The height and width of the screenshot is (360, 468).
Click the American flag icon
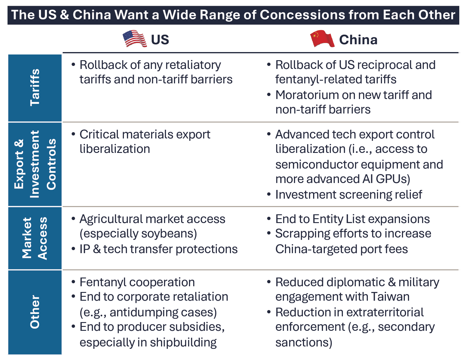click(x=135, y=39)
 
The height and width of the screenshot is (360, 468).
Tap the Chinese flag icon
click(x=322, y=39)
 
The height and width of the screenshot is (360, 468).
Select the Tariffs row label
click(x=35, y=88)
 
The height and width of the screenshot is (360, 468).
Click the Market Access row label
click(x=35, y=238)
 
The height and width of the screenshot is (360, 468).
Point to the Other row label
click(x=35, y=312)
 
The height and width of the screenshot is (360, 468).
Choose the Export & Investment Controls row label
click(x=35, y=164)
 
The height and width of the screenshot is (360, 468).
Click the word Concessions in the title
click(x=303, y=15)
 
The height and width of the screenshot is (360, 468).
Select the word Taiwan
click(x=390, y=297)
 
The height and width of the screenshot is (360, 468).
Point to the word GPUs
click(x=393, y=179)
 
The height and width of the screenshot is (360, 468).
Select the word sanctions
click(x=304, y=343)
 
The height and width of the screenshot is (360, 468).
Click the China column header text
click(x=358, y=40)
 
